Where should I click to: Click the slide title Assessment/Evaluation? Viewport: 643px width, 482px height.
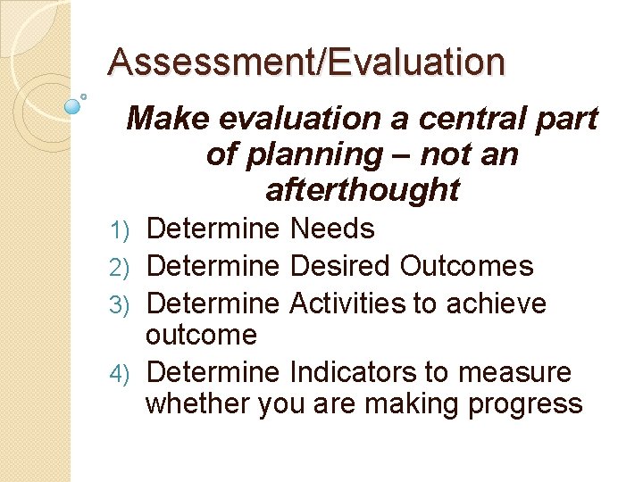pyautogui.click(x=305, y=62)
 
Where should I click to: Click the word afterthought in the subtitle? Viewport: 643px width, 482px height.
pyautogui.click(x=363, y=189)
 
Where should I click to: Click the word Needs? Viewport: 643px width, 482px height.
pyautogui.click(x=332, y=229)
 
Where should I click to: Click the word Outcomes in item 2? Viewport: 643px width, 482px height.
pyautogui.click(x=466, y=266)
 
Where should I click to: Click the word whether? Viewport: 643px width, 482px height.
pyautogui.click(x=197, y=403)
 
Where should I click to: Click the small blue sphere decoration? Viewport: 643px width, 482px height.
pyautogui.click(x=73, y=105)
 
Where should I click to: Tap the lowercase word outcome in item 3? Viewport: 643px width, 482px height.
pyautogui.click(x=201, y=336)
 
